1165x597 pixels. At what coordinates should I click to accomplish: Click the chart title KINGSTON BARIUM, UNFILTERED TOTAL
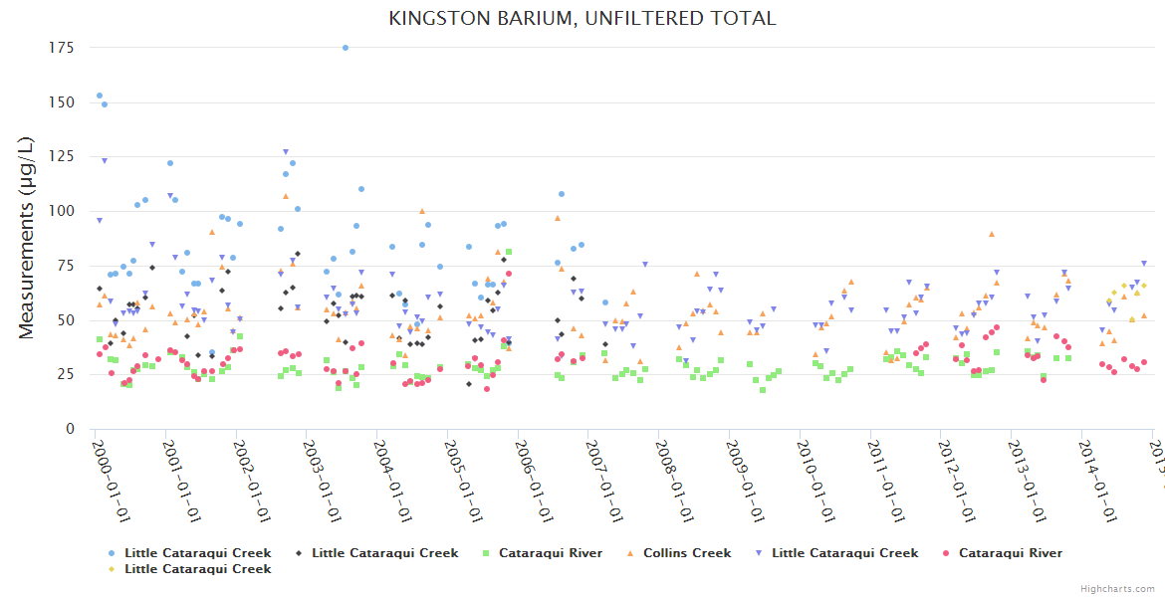pos(582,18)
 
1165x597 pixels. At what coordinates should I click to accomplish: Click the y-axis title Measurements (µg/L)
pos(28,239)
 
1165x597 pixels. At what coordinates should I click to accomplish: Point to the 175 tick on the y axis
pos(65,48)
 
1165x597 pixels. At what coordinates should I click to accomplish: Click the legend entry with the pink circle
pos(1010,553)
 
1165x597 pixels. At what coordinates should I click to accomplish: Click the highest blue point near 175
pos(346,48)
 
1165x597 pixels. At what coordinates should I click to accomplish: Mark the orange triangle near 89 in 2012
pos(992,234)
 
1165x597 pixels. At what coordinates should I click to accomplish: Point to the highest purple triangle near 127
pos(286,152)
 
